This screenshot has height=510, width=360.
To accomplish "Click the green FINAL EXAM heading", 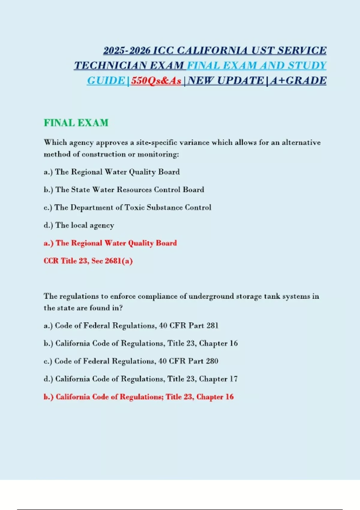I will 76,123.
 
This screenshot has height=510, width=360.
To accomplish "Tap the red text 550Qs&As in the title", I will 156,81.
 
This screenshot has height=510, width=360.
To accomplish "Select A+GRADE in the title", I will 298,81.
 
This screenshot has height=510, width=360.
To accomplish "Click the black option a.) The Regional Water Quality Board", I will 112,172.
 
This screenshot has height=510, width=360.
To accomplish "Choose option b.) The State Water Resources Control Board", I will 124,190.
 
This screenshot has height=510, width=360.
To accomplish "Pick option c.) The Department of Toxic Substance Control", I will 127,207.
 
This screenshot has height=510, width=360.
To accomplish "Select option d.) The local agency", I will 79,225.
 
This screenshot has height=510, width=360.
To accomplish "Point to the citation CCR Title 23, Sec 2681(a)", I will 88,261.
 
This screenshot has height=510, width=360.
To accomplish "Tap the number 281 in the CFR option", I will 212,325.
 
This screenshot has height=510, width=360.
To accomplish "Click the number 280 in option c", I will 212,361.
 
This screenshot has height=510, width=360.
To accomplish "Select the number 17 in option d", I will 233,379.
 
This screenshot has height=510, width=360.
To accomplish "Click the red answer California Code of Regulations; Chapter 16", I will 139,397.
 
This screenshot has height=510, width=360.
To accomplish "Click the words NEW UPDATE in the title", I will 226,81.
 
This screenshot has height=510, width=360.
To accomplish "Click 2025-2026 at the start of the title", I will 127,50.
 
